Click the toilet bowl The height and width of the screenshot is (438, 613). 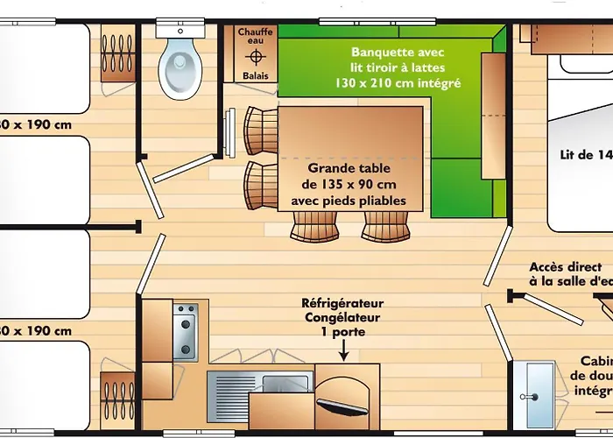pyautogui.click(x=180, y=61)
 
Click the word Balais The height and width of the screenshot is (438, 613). pyautogui.click(x=256, y=76)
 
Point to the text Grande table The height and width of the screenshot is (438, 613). pyautogui.click(x=349, y=168)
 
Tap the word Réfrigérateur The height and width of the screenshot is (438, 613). pyautogui.click(x=343, y=304)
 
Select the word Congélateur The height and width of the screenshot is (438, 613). pyautogui.click(x=343, y=318)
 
